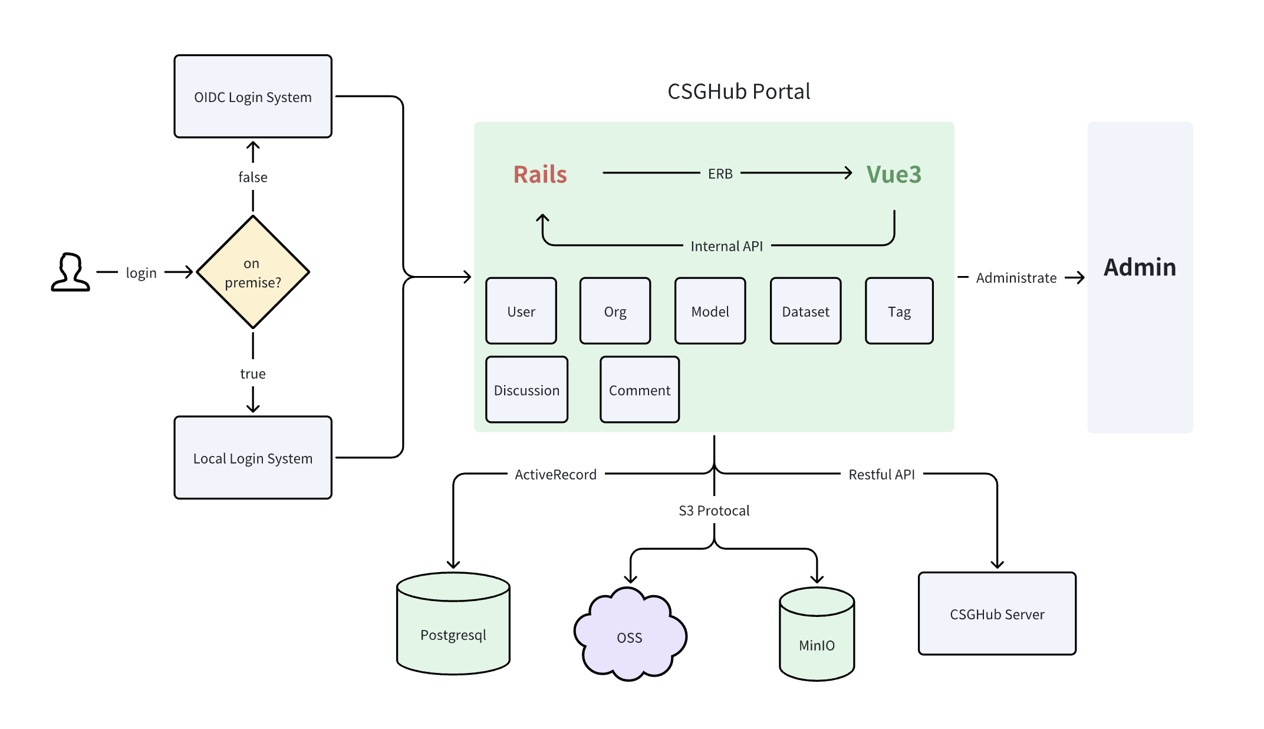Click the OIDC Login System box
pyautogui.click(x=253, y=96)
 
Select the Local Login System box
pyautogui.click(x=253, y=458)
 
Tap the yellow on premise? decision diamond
pyautogui.click(x=253, y=272)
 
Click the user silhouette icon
pyautogui.click(x=71, y=272)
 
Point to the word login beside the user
pyautogui.click(x=141, y=273)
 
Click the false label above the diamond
pyautogui.click(x=253, y=177)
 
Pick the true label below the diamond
pyautogui.click(x=253, y=374)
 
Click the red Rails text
pyautogui.click(x=540, y=175)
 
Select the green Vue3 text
pyautogui.click(x=894, y=175)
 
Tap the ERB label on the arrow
pyautogui.click(x=720, y=174)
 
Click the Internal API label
pyautogui.click(x=727, y=246)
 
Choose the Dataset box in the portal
pyautogui.click(x=806, y=311)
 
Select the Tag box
pyautogui.click(x=900, y=311)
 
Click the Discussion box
pyautogui.click(x=527, y=389)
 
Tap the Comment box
pyautogui.click(x=640, y=389)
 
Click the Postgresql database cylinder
pyautogui.click(x=453, y=623)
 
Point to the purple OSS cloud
pyautogui.click(x=630, y=634)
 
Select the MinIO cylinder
pyautogui.click(x=817, y=634)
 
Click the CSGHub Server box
pyautogui.click(x=998, y=613)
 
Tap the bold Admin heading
pyautogui.click(x=1140, y=267)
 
